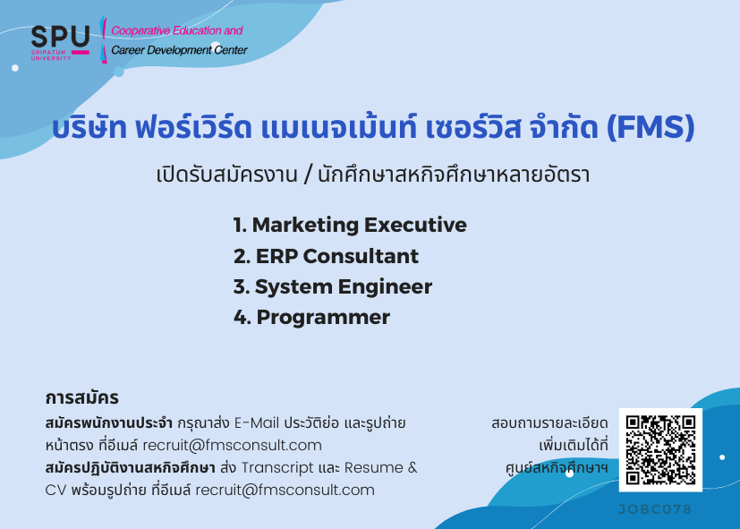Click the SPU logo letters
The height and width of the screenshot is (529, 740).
[60, 37]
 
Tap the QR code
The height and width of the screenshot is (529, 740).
[660, 449]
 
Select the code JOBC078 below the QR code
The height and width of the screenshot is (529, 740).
[655, 509]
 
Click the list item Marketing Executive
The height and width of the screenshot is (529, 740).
[350, 225]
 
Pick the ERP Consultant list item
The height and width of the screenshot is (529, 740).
[326, 256]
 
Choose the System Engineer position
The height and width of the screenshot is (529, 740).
[333, 287]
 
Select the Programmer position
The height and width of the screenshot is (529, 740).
[311, 318]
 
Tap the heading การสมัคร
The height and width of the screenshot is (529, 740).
[81, 397]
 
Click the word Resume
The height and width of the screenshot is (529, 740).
[374, 467]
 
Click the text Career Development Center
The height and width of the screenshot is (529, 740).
[179, 50]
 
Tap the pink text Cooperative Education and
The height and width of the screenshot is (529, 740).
[177, 30]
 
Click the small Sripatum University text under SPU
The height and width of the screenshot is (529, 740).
[51, 55]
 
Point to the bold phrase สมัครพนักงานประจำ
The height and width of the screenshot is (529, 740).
[108, 422]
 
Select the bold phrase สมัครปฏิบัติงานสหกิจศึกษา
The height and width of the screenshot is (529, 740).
[131, 467]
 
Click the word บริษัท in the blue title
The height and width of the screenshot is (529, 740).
[89, 128]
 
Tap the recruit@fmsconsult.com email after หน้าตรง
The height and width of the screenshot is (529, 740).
[232, 445]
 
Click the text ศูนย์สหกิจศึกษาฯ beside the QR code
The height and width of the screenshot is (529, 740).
[557, 467]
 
